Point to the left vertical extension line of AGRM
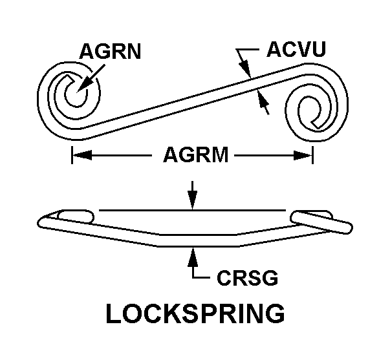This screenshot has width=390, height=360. click(x=72, y=155)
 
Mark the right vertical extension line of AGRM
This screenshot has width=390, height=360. click(x=313, y=155)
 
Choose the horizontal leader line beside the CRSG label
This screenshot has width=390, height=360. click(x=202, y=279)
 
